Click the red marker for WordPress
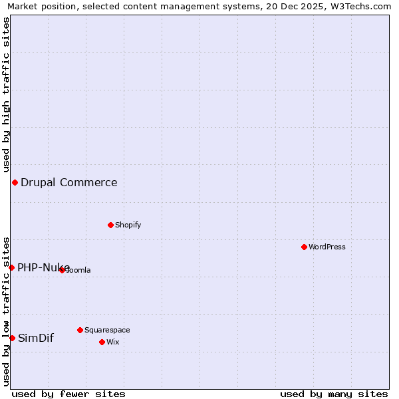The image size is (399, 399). [304, 247]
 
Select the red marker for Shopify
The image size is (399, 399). [110, 225]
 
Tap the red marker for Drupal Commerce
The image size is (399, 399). [15, 182]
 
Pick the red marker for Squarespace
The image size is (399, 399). [80, 330]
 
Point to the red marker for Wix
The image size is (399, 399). [102, 342]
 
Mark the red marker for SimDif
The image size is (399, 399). [12, 338]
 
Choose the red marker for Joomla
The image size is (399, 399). [62, 270]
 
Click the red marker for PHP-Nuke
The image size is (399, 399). [11, 267]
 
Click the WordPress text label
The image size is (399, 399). [327, 247]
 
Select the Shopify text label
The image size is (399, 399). [128, 225]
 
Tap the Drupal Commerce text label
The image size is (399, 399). [69, 182]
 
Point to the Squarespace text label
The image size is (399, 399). [107, 330]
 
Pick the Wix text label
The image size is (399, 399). [112, 342]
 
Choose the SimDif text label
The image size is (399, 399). [36, 338]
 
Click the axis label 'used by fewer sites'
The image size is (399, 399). [68, 394]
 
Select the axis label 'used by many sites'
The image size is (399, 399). [334, 394]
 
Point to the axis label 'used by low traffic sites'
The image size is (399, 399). [7, 311]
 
